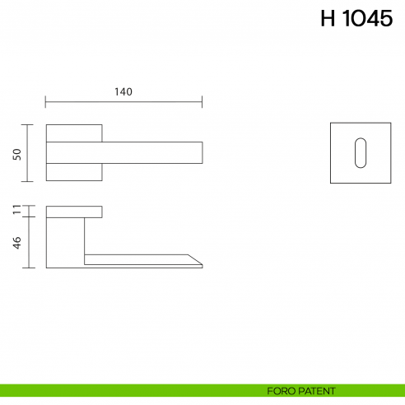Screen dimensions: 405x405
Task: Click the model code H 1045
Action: coord(356,20)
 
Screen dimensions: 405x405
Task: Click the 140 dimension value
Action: coord(123,92)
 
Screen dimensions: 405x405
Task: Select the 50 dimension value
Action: coord(17,154)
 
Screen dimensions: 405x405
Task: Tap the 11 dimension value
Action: coord(17,212)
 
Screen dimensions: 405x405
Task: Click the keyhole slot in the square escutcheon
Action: coord(360,153)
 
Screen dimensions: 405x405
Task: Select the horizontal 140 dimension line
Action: coord(123,103)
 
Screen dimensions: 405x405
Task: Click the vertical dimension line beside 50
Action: coord(30,153)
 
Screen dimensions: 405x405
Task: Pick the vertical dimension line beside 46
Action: coord(30,242)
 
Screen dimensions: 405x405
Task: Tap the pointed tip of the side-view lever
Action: coord(200,265)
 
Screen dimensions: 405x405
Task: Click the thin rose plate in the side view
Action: coord(74,212)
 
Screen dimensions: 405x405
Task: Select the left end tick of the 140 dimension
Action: coord(46,103)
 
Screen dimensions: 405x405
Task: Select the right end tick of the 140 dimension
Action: coord(202,103)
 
